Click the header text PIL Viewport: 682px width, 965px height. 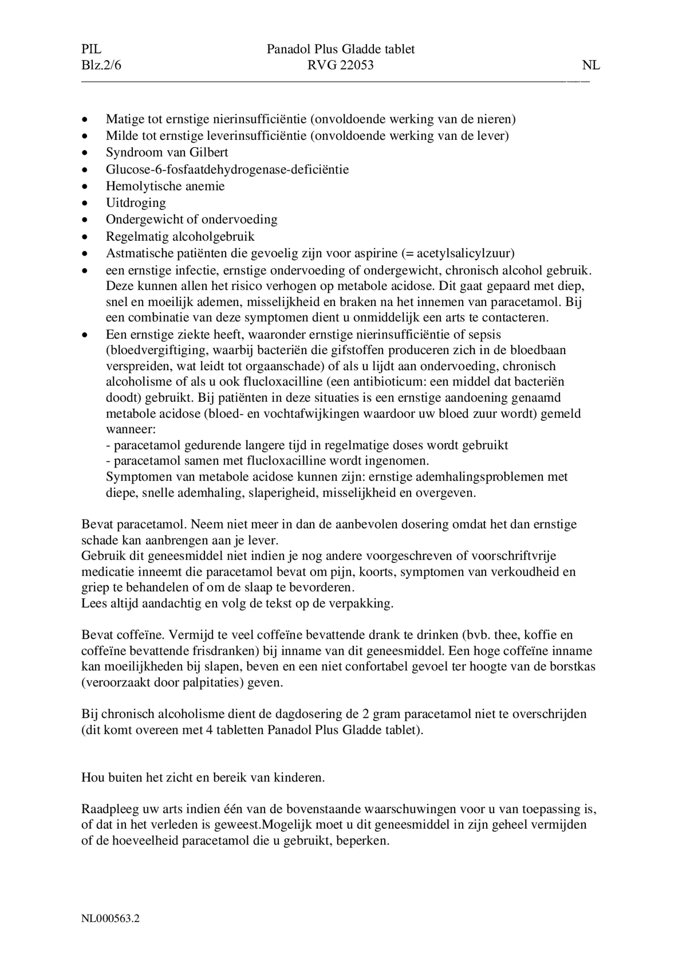point(91,49)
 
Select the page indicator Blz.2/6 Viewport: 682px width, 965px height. point(101,65)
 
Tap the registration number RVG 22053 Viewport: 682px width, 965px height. point(341,65)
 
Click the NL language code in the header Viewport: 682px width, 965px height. point(591,65)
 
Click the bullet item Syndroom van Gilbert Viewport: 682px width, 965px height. point(167,152)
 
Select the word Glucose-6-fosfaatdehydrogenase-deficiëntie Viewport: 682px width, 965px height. point(227,170)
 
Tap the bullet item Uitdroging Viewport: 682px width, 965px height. point(136,202)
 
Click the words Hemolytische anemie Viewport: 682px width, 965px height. point(165,186)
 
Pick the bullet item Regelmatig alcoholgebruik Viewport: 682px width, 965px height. point(180,236)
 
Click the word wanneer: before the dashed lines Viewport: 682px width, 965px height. point(131,429)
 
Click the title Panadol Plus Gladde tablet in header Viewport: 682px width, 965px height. point(341,49)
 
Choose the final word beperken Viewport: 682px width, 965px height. point(362,841)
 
